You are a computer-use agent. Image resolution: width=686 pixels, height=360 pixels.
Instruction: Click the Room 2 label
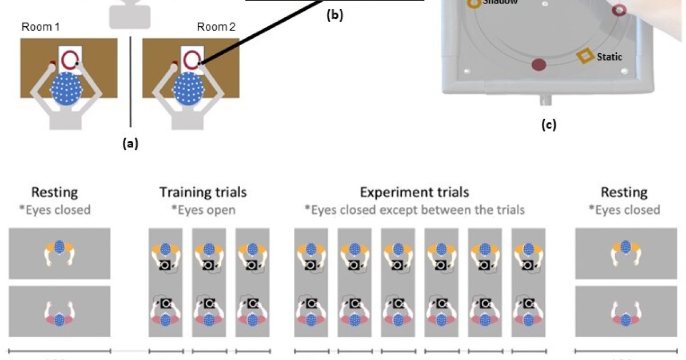pyautogui.click(x=216, y=27)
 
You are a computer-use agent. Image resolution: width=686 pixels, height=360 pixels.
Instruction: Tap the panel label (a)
pyautogui.click(x=130, y=144)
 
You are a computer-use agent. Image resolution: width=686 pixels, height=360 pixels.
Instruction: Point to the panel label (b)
pyautogui.click(x=334, y=16)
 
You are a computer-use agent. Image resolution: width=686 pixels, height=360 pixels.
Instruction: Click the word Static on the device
pyautogui.click(x=609, y=57)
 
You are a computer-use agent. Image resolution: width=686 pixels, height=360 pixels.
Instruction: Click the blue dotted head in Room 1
pyautogui.click(x=67, y=91)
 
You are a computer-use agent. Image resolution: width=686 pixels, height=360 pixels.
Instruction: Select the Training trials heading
pyautogui.click(x=203, y=192)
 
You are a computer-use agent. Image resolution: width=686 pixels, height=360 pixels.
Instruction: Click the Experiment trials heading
pyautogui.click(x=414, y=192)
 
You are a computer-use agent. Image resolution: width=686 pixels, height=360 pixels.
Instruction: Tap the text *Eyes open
pyautogui.click(x=203, y=209)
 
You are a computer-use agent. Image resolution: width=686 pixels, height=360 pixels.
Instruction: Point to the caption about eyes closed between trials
pyautogui.click(x=417, y=209)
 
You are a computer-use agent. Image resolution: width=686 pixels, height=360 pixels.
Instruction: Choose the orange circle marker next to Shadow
pyautogui.click(x=474, y=3)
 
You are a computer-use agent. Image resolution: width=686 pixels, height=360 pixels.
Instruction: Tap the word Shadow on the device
pyautogui.click(x=500, y=2)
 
